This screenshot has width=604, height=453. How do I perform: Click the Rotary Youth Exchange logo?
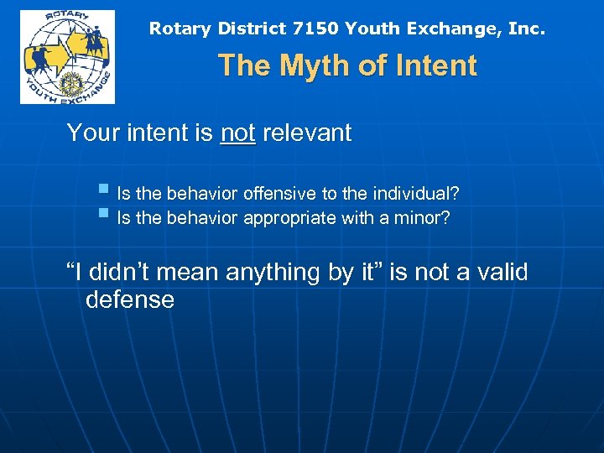coord(67,57)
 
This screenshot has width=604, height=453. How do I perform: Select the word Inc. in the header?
coord(526,29)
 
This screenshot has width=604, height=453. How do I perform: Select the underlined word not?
coord(237,133)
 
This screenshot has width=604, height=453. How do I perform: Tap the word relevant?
coord(306,133)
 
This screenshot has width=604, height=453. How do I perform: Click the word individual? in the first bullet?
coord(416,195)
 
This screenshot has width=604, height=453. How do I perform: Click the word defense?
coord(130,300)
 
